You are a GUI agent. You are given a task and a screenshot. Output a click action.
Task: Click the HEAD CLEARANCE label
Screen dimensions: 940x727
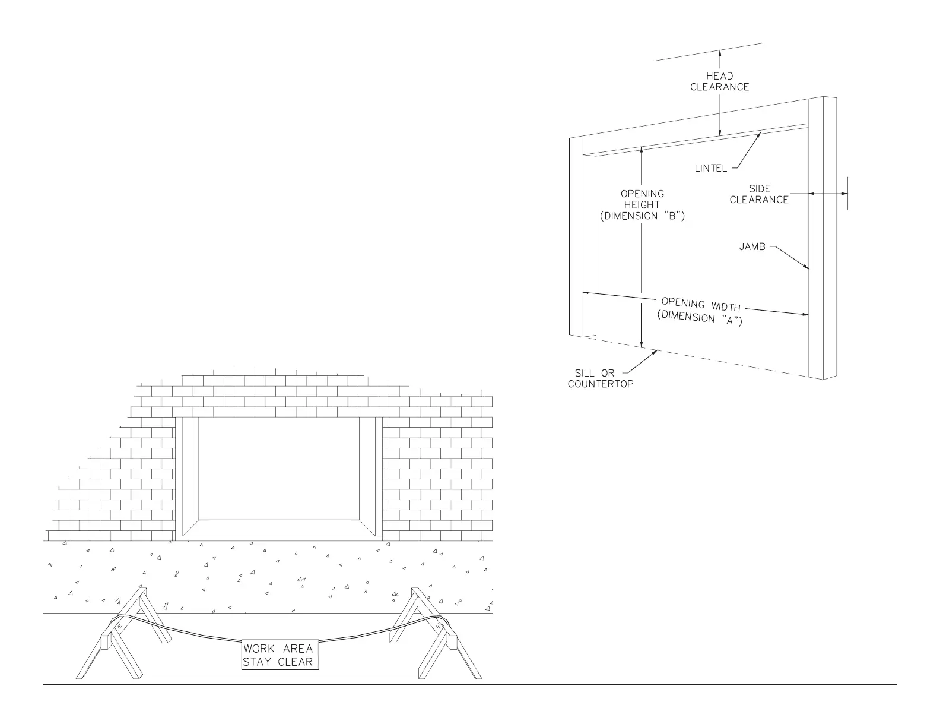719,81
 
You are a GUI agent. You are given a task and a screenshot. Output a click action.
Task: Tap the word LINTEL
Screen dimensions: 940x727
710,169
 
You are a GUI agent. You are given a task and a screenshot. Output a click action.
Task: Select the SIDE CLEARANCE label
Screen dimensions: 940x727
759,194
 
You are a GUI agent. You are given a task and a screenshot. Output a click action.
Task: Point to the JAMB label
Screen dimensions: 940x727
752,246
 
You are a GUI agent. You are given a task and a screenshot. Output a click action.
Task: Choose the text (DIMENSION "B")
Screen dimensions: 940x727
642,216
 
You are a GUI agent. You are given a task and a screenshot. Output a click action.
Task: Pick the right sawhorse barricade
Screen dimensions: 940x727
433,636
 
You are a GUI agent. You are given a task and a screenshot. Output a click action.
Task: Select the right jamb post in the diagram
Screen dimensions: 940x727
822,238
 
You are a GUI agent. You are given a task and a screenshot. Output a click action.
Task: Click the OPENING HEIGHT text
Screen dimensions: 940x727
642,199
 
